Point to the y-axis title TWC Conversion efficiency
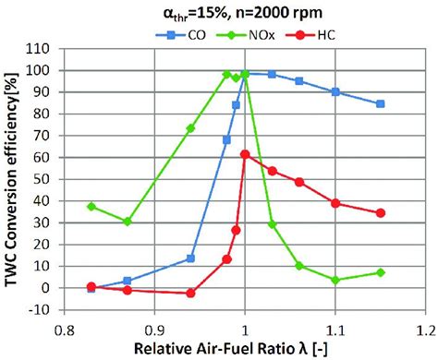point(14,175)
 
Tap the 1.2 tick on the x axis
point(425,328)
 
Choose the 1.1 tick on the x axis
point(335,328)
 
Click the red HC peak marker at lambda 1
point(245,154)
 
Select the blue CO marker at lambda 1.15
point(380,103)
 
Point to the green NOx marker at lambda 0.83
point(91,206)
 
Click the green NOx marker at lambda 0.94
point(190,128)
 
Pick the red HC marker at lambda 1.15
point(380,212)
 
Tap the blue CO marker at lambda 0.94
point(190,258)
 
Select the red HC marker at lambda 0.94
point(190,293)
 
